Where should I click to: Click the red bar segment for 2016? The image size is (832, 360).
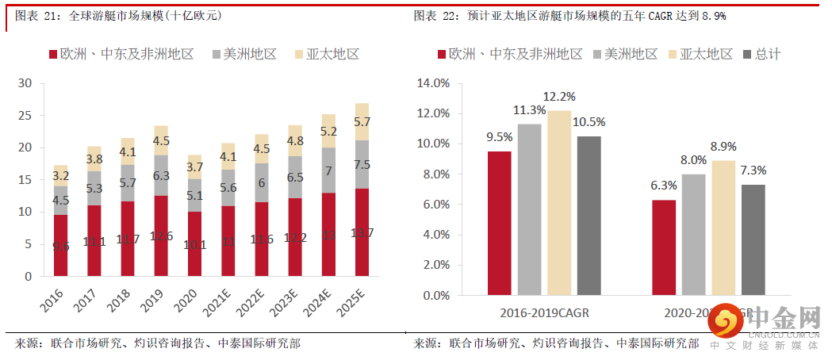[x=60, y=246]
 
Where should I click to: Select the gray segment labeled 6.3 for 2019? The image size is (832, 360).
[x=161, y=175]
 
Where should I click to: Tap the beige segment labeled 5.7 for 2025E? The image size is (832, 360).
[x=362, y=122]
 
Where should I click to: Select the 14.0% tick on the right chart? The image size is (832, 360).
[x=434, y=83]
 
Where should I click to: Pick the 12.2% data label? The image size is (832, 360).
[x=559, y=97]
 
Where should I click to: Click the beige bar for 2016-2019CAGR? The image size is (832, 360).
[x=559, y=203]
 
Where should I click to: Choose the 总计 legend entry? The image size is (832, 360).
[x=761, y=54]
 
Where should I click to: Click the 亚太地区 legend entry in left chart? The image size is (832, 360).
[x=326, y=54]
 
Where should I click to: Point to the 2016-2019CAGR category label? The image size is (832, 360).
[x=544, y=313]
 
